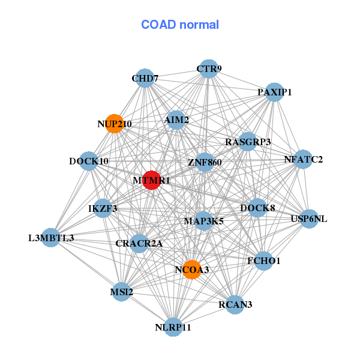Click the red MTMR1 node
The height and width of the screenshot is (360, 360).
(x=152, y=180)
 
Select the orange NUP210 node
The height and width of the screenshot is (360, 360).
(x=115, y=124)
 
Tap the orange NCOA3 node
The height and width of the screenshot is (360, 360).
(x=192, y=269)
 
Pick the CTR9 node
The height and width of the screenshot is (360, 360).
(x=208, y=68)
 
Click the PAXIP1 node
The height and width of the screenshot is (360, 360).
(x=274, y=92)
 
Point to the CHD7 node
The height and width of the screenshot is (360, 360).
(x=145, y=78)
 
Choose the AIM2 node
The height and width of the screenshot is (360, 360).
(x=176, y=120)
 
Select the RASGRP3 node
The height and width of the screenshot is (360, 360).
(x=248, y=142)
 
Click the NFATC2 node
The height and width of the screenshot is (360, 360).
(x=303, y=159)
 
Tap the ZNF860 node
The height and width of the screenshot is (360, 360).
(x=205, y=162)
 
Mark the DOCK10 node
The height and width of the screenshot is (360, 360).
(x=89, y=161)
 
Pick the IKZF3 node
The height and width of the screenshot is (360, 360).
(x=103, y=208)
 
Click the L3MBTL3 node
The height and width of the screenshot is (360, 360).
(x=51, y=238)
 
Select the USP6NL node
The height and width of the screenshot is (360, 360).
(x=309, y=219)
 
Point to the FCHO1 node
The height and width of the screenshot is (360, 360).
(x=264, y=260)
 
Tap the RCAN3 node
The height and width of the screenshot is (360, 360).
(x=235, y=304)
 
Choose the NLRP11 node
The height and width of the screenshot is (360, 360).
(x=173, y=327)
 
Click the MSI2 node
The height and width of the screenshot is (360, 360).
(x=121, y=292)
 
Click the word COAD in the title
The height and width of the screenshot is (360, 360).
(x=158, y=25)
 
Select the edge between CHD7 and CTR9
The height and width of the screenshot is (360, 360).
(x=176, y=73)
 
